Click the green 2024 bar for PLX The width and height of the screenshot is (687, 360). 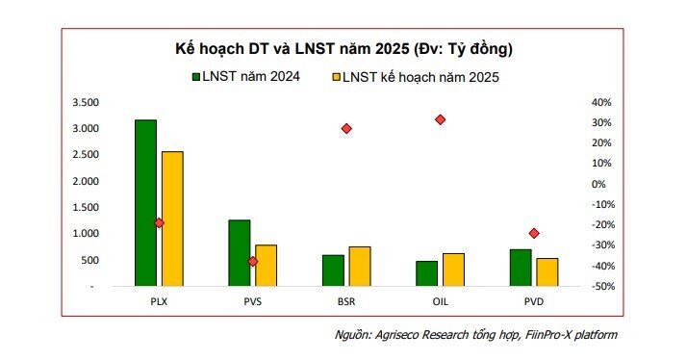coord(145,203)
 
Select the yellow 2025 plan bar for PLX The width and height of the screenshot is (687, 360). coord(172,219)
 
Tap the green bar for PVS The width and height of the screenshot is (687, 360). coord(239,253)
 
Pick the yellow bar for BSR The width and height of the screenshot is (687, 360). coord(360,267)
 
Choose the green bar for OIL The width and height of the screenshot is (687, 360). coord(426,273)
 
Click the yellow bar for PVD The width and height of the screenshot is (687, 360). coord(547,272)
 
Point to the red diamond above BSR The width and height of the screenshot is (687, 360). coord(346,128)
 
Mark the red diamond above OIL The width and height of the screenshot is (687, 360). coord(440,119)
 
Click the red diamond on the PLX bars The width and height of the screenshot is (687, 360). coord(159,223)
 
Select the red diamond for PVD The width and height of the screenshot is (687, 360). coord(534,233)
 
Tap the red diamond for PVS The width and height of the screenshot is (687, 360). coord(253,261)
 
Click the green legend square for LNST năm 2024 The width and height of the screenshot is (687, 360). coord(195,76)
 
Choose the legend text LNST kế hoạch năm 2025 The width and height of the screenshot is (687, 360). coord(423,76)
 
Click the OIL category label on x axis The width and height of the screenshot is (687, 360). coord(440,301)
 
